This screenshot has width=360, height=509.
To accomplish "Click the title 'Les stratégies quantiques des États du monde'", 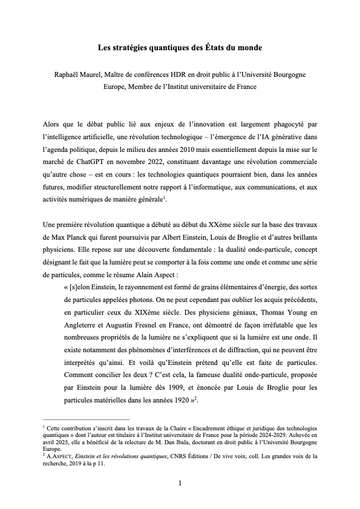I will coord(180,47).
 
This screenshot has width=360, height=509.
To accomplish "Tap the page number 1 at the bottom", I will coord(180,482).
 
